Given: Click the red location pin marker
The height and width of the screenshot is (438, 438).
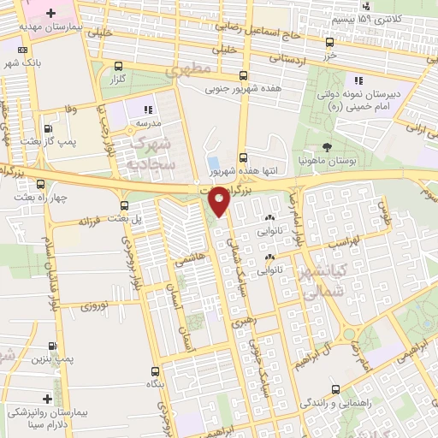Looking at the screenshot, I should click(x=220, y=202).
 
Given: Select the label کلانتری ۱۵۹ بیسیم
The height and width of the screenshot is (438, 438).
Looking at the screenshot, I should click(x=390, y=18).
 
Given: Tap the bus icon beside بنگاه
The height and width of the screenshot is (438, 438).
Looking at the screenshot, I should click(x=155, y=371).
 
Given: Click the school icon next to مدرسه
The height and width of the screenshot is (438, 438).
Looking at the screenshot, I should click(x=147, y=109).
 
